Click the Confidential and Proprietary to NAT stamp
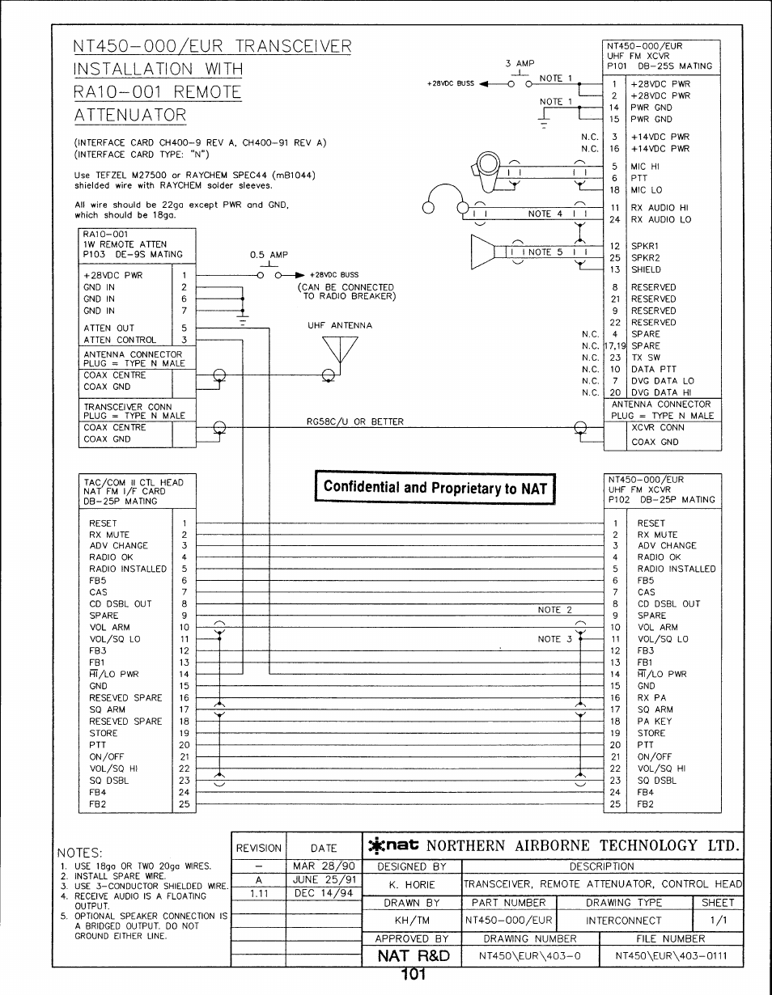click(435, 487)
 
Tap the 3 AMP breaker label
click(520, 63)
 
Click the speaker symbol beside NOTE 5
click(483, 252)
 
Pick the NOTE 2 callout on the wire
click(555, 610)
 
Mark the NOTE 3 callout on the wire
click(555, 639)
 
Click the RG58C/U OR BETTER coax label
click(350, 421)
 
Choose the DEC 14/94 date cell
click(324, 894)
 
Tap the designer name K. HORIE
click(411, 885)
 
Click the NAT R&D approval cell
click(410, 955)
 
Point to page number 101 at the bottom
click(413, 976)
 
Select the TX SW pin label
click(646, 358)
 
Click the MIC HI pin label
click(646, 167)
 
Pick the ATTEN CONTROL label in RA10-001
click(120, 341)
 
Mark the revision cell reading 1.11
click(259, 894)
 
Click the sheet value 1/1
click(717, 921)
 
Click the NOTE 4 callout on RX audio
click(540, 214)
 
